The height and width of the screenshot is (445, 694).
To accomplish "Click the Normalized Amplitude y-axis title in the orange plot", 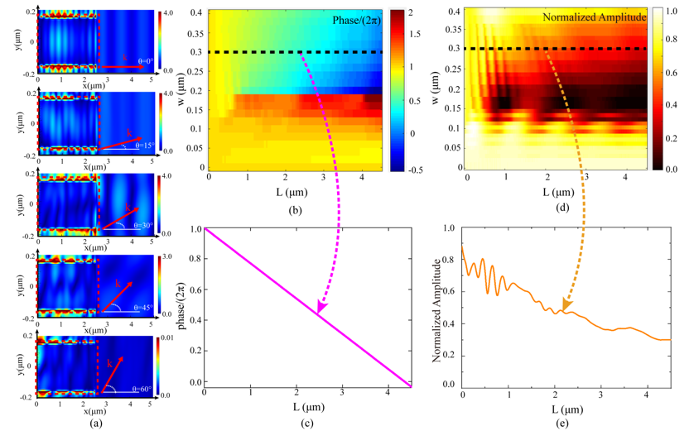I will pyautogui.click(x=438, y=308).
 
